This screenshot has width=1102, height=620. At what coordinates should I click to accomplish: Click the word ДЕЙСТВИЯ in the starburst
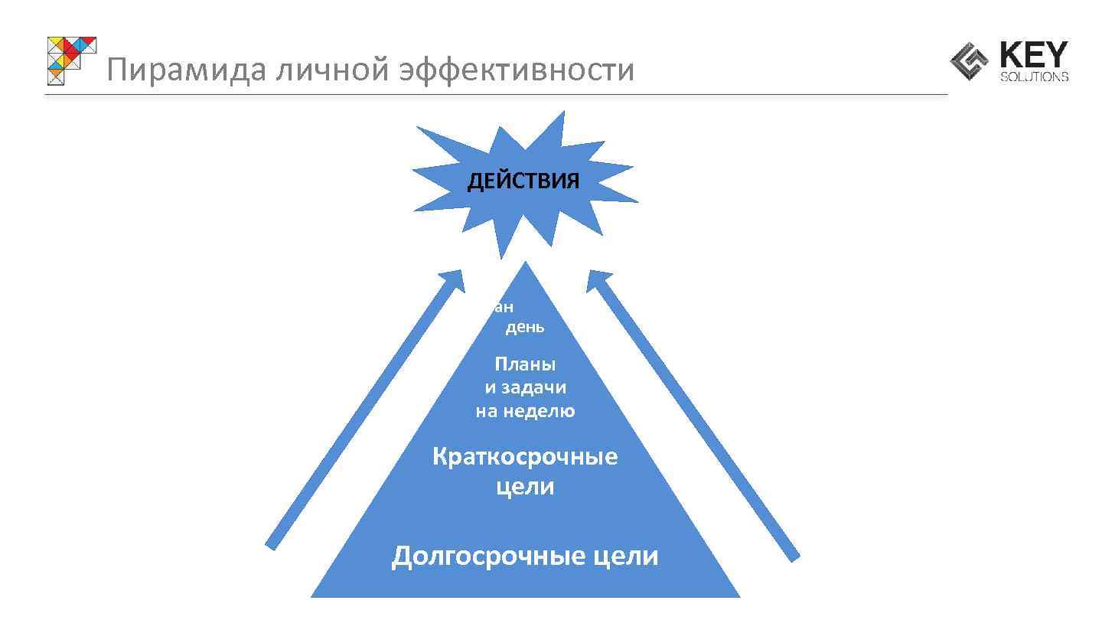[x=523, y=181]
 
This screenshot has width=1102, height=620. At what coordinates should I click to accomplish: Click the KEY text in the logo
[x=1033, y=56]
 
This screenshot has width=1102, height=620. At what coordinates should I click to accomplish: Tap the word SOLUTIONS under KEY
[x=1034, y=77]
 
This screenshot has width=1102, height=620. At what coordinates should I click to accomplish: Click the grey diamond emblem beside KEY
[x=970, y=61]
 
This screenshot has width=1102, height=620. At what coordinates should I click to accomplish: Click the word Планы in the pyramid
[x=525, y=364]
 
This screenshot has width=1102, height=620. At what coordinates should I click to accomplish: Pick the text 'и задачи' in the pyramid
[x=525, y=388]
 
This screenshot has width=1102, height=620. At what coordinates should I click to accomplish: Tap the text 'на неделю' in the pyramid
[x=525, y=411]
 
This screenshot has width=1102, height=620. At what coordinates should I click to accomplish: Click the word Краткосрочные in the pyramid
[x=525, y=457]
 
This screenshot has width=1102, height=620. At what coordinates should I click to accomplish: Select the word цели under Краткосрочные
[x=525, y=487]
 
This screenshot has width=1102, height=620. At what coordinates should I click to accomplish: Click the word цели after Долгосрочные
[x=625, y=556]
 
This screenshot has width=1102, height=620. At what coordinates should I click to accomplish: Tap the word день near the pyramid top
[x=525, y=328]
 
